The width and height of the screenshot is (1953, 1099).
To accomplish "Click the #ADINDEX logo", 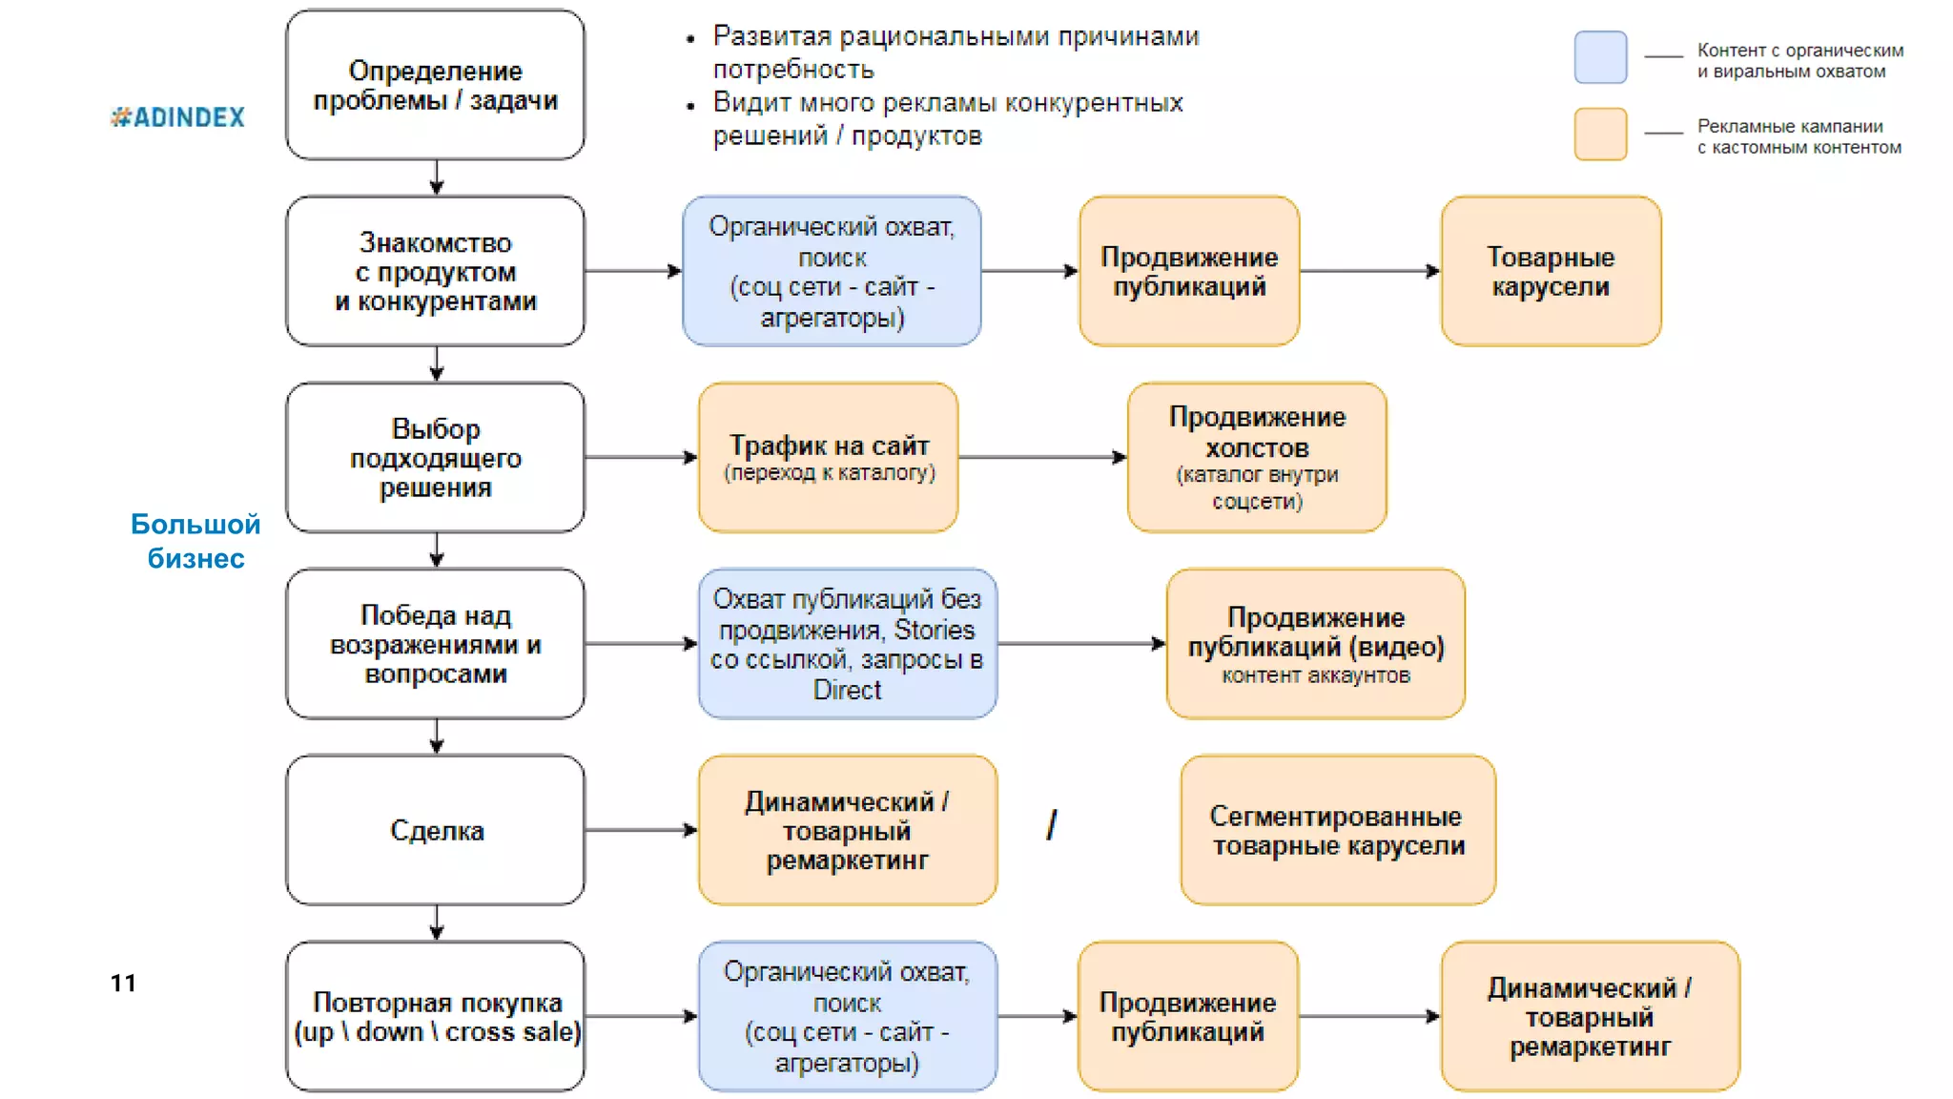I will pos(178,117).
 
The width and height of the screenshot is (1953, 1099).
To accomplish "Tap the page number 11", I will pos(123,983).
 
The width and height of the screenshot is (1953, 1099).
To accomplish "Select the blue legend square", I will pos(1600,57).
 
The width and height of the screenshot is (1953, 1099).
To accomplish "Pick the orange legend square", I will pos(1600,134).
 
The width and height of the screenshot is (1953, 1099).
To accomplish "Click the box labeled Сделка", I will pos(436,830).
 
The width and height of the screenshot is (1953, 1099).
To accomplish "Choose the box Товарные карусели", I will pos(1551,271).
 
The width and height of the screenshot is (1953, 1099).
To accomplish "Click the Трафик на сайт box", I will pos(828,458).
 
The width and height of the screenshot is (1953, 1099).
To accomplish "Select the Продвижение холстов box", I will pos(1257,458).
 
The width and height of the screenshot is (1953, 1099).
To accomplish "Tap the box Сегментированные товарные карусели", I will pos(1338,830).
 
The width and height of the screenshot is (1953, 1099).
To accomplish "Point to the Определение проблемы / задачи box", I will pos(436,85).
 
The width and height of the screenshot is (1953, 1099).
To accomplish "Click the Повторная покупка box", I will pos(436,1016).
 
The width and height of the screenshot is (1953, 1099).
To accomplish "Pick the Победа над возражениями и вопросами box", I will pos(436,644).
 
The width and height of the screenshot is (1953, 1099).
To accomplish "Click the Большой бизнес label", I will pos(195,541).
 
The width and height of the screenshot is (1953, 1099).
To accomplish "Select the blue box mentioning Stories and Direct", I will pos(847,644).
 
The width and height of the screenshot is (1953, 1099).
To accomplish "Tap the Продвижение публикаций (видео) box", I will pos(1315,644).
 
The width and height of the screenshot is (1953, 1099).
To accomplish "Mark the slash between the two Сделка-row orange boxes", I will pos(1051,825).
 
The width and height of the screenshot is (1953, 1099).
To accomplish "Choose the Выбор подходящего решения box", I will pos(436,458).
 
